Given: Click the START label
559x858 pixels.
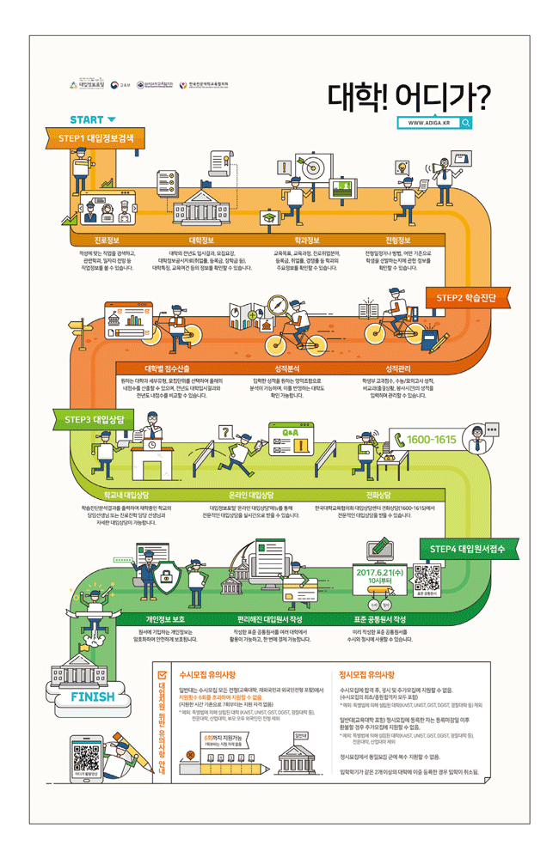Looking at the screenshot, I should coord(88,119).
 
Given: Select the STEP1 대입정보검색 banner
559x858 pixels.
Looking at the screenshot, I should coord(95,137).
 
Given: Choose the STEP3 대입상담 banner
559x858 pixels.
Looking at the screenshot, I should coord(95,419).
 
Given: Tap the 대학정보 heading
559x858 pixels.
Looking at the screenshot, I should coord(201,240).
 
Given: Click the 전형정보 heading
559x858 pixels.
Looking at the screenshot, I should coord(398,240).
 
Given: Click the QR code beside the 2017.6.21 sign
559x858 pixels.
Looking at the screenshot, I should coord(425,576).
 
